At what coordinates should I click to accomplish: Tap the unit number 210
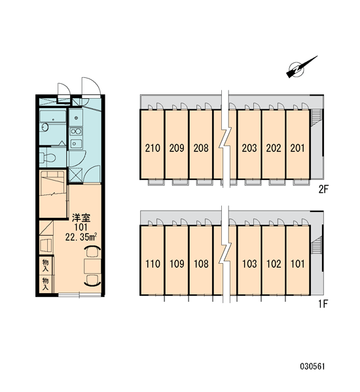[x=153, y=149]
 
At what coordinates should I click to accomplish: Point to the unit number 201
[x=298, y=149]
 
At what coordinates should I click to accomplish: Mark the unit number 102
[x=274, y=264]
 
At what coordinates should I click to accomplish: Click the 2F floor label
[x=323, y=190]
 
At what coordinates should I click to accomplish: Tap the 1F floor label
[x=323, y=304]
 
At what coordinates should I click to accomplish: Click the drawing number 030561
[x=312, y=366]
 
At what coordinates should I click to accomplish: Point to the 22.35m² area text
[x=81, y=237]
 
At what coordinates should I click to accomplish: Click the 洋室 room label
[x=81, y=218]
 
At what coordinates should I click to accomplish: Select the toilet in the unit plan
[x=48, y=158]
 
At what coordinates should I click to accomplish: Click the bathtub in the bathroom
[x=53, y=116]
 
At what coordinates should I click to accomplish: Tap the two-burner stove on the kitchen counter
[x=76, y=131]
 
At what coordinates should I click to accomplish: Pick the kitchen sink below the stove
[x=76, y=143]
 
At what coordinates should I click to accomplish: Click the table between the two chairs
[x=92, y=266]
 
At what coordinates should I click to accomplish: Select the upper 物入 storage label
[x=45, y=266]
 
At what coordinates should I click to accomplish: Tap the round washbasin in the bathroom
[x=45, y=127]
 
